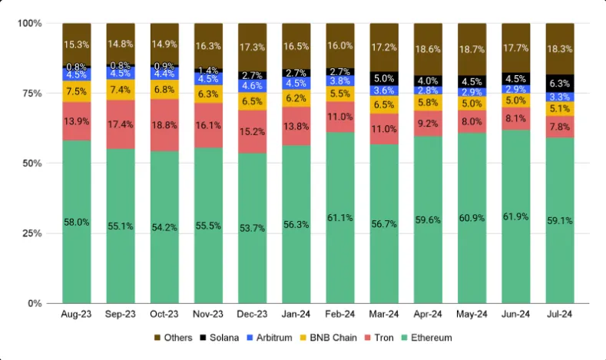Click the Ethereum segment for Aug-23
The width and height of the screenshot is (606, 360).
77,223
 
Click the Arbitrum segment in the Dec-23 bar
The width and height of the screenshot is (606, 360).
253,86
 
